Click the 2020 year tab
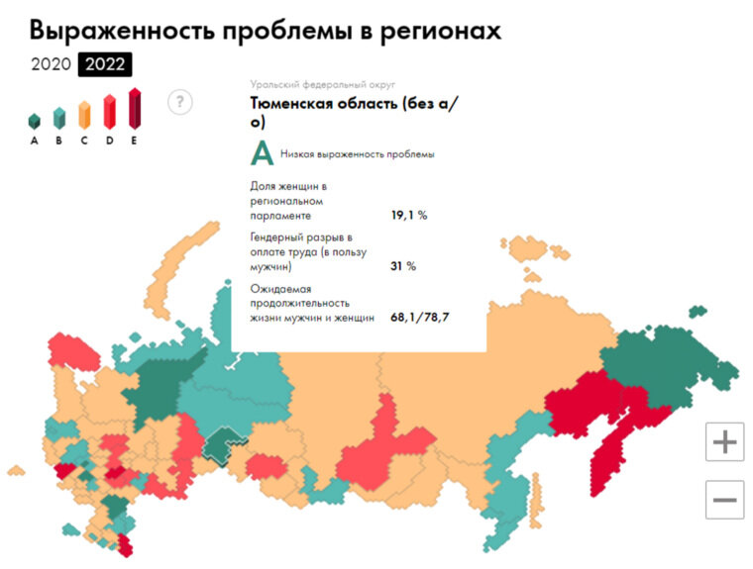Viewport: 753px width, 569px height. point(51,65)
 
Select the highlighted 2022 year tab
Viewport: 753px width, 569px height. point(105,65)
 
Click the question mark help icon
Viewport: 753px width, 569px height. point(179,102)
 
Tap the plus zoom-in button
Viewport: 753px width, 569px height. point(724,441)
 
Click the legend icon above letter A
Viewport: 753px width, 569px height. point(35,121)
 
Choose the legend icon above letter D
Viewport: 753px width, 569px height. point(109,111)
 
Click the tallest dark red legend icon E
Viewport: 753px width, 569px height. point(135,108)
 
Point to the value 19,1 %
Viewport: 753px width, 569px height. point(409,214)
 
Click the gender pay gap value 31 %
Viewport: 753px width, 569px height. point(404,266)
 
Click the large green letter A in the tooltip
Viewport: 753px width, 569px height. point(261,153)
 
